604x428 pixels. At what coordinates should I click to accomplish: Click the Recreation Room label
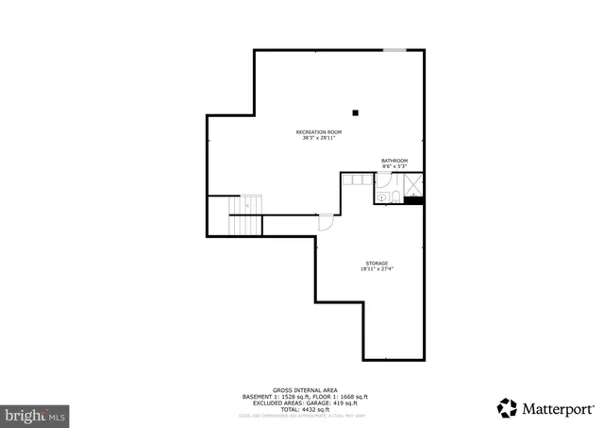click(318, 131)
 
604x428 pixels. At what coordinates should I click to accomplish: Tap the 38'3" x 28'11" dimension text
click(318, 138)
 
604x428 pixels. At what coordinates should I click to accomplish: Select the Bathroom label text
click(394, 161)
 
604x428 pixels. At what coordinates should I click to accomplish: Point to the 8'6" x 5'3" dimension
click(394, 167)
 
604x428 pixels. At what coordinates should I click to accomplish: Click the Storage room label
click(377, 263)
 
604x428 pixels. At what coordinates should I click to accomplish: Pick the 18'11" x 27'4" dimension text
click(377, 269)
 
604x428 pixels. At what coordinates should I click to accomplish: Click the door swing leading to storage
click(326, 222)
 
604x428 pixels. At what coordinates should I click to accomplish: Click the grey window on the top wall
click(394, 49)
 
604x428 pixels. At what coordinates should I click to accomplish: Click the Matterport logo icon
click(507, 407)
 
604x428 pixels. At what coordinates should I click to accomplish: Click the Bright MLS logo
click(36, 413)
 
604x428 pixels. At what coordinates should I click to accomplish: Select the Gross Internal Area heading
click(301, 389)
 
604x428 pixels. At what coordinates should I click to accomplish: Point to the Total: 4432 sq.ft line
click(301, 409)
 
